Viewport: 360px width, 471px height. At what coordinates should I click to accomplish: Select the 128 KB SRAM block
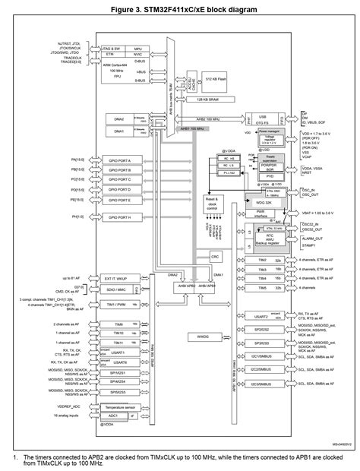(x=214, y=99)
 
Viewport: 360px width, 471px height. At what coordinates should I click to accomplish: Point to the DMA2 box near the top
(x=119, y=119)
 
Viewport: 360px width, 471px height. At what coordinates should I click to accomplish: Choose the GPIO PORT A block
(x=119, y=160)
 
